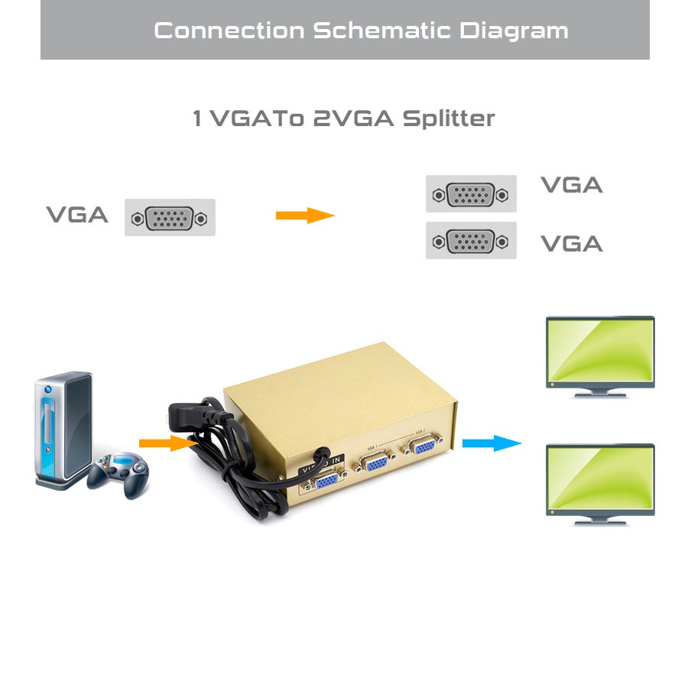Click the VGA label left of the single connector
point(77,215)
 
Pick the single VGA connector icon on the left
point(170,218)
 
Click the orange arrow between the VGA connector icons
point(305,216)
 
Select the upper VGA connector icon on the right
point(471,194)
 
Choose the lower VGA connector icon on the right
point(471,241)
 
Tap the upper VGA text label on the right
point(572,185)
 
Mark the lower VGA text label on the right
point(572,244)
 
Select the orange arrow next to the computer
point(164,443)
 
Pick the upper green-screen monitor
point(599,356)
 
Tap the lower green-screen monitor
point(599,483)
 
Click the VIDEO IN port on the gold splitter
point(324,482)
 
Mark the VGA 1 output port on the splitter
point(375,465)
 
